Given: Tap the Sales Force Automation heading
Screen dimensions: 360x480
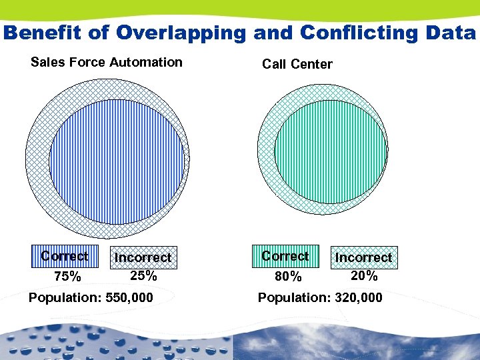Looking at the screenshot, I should tap(107, 63).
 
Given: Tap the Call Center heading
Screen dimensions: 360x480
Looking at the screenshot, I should tap(297, 65).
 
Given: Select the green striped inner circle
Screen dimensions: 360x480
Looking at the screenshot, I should tap(331, 153).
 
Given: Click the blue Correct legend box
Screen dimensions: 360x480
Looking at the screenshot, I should tap(64, 256).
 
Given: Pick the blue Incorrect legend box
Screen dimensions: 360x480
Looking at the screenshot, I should tap(143, 257).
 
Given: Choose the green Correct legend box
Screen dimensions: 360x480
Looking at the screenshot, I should tap(285, 256).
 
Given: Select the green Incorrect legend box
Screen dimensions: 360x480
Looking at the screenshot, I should tap(363, 257).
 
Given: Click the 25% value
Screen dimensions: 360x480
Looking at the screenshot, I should tap(143, 275).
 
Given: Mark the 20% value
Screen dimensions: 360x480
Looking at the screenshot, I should tap(364, 275).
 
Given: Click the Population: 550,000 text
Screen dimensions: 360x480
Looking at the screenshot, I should tap(91, 297).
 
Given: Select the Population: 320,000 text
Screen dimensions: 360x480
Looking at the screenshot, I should tap(320, 297).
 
